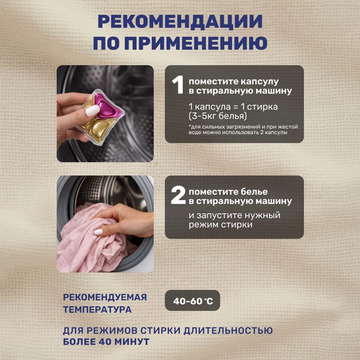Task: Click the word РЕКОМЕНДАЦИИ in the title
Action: [180, 22]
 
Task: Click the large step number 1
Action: [178, 85]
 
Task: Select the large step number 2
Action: [178, 195]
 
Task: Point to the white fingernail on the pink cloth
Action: [98, 232]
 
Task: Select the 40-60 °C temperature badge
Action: [193, 301]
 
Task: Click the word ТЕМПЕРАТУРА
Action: [97, 310]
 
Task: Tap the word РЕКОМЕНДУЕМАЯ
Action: [105, 297]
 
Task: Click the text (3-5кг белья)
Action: [218, 116]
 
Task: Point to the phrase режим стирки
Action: [220, 225]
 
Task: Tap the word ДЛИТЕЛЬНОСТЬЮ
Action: [228, 330]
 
